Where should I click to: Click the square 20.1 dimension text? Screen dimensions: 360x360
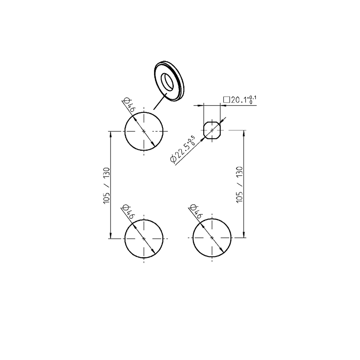tap(240, 100)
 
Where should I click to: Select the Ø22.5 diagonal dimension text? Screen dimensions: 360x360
tap(182, 150)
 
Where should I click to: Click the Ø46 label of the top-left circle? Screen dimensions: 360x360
tap(129, 105)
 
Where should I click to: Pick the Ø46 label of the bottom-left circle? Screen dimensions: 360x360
tap(129, 212)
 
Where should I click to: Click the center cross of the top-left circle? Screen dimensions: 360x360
tap(144, 131)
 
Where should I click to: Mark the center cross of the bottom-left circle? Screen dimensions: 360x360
tap(144, 238)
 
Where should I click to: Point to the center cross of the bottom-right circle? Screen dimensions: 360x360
tap(212, 238)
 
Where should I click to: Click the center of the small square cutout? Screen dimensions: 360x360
tap(212, 130)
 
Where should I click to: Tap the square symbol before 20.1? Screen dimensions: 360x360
tap(226, 100)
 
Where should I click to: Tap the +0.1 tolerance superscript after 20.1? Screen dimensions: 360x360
tap(252, 97)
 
